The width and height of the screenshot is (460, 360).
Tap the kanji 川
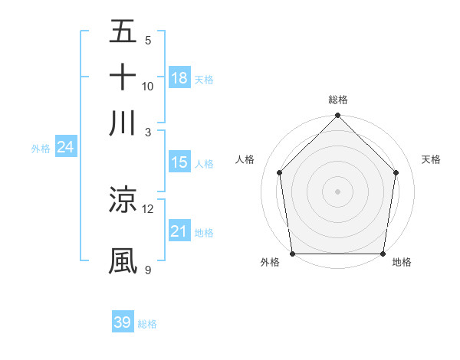(123, 122)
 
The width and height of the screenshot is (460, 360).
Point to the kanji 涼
(123, 200)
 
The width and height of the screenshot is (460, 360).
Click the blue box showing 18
(179, 78)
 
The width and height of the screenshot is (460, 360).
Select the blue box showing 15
(179, 162)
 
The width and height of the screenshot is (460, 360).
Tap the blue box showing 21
(179, 231)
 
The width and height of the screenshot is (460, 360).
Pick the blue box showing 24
(65, 148)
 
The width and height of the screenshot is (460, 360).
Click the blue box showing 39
(123, 322)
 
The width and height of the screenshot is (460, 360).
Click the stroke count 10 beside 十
(148, 86)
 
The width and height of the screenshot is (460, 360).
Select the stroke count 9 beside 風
(148, 270)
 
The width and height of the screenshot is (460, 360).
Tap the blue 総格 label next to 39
(147, 324)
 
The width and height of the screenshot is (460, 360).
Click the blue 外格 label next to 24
(40, 149)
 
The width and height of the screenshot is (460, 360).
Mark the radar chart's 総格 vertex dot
(337, 116)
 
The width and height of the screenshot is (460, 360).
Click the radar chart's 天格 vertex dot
(396, 172)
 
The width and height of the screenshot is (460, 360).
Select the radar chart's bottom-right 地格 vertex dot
(383, 254)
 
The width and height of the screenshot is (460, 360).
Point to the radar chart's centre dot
(337, 191)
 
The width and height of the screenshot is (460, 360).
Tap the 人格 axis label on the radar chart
(245, 159)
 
